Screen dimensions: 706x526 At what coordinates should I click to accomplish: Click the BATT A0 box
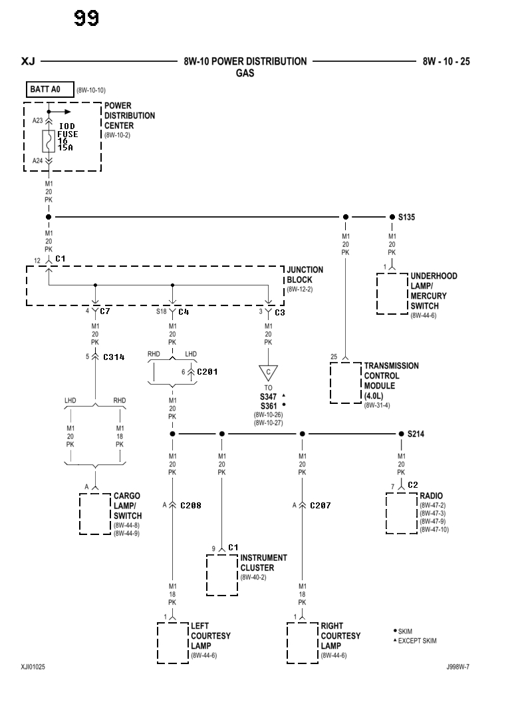[x=49, y=89]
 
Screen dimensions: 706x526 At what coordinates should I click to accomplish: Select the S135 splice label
[x=406, y=217]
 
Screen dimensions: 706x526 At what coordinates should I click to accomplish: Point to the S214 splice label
[x=416, y=434]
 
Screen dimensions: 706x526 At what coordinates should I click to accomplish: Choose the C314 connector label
[x=114, y=357]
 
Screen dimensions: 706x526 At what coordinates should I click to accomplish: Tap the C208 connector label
[x=190, y=506]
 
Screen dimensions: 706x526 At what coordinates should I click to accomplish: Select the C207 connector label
[x=320, y=506]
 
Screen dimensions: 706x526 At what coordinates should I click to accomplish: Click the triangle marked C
[x=269, y=372]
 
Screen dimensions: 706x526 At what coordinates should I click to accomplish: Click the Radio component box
[x=402, y=513]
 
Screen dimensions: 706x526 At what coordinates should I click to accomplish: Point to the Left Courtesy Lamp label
[x=210, y=636]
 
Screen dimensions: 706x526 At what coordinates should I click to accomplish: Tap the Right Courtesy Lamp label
[x=340, y=636]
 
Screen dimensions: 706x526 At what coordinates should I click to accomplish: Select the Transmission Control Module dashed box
[x=345, y=383]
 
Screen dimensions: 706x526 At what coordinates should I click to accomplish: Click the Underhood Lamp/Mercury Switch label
[x=434, y=291]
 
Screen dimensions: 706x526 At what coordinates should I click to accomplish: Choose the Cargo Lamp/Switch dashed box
[x=95, y=514]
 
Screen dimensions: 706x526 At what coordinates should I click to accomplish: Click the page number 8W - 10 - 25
[x=446, y=62]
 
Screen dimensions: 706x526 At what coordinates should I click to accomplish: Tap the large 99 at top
[x=86, y=18]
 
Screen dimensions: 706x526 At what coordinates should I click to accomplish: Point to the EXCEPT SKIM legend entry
[x=417, y=641]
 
